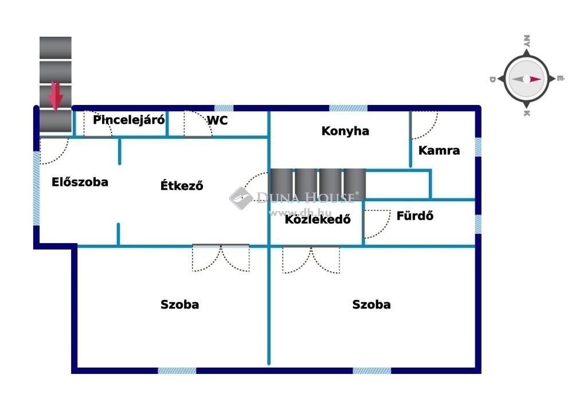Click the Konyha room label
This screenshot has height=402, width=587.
point(345,131)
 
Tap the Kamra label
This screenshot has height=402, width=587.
point(439,150)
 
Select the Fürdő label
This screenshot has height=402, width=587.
point(415,216)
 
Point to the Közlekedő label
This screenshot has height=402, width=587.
point(318,219)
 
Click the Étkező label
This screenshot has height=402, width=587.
point(182,185)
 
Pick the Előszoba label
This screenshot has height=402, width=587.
point(80,182)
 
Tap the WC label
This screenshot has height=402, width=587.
point(217,120)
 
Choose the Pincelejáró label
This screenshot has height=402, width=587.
point(128,120)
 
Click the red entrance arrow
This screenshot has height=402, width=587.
point(56,96)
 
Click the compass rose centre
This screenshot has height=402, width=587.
point(526,79)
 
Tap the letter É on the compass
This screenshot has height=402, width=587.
point(559,79)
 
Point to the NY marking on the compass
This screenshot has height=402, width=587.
point(527,41)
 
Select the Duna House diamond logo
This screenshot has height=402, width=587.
point(241,198)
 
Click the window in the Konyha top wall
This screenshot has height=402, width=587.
point(348,108)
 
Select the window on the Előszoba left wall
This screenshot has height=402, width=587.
point(36,188)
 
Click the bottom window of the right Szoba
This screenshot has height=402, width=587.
point(371,370)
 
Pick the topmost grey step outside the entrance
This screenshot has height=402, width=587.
point(56,48)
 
